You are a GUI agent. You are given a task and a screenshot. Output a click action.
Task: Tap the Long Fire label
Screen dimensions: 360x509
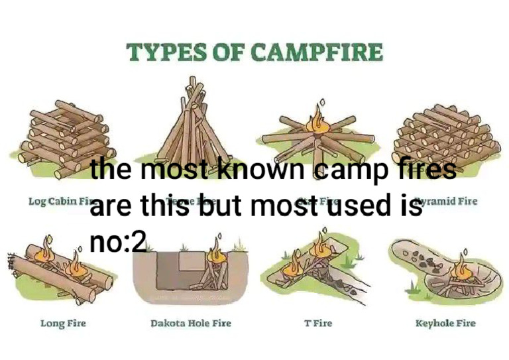point(64,324)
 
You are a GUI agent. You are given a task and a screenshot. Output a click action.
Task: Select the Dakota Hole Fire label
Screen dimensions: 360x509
point(191,324)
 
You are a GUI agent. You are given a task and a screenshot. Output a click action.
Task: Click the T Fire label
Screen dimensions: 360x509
point(318,324)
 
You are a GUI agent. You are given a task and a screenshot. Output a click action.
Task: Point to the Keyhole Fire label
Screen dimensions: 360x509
point(445,324)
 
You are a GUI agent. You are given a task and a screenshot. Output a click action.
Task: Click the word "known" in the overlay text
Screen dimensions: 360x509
point(254,170)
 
